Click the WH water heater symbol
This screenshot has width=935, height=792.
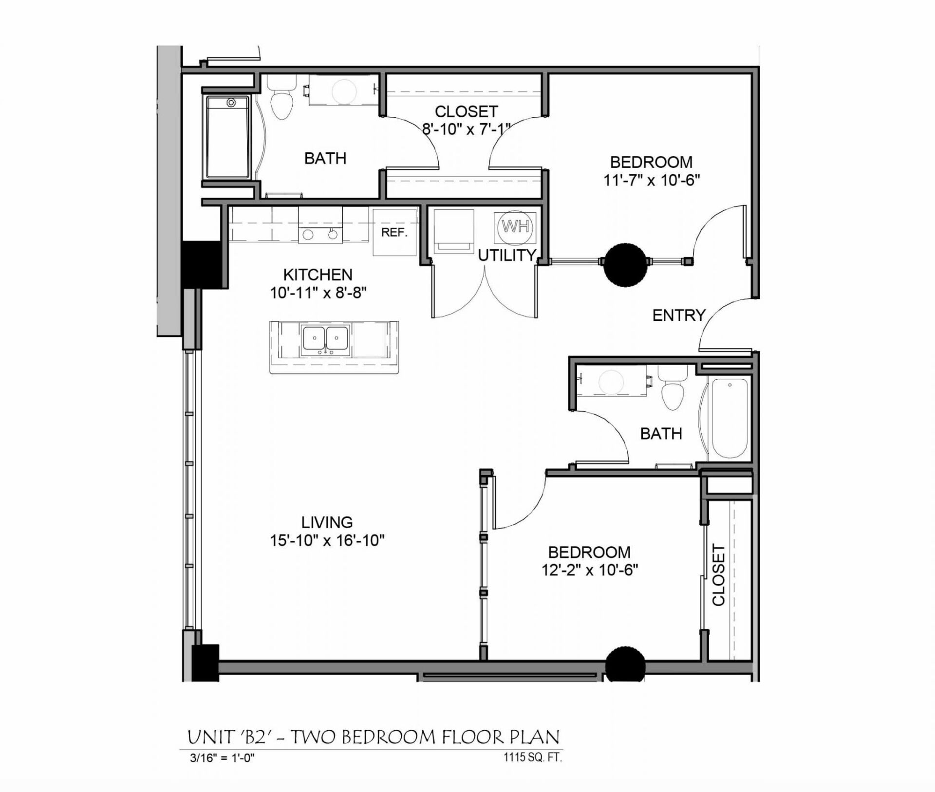(x=515, y=227)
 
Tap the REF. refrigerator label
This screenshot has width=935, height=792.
(x=394, y=233)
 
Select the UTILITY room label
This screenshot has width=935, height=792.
(x=506, y=255)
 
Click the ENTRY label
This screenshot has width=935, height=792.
(x=679, y=315)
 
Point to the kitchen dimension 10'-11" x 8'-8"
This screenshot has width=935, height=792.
(x=318, y=293)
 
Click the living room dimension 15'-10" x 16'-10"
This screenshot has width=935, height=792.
(x=327, y=540)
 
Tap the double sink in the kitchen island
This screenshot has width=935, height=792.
(x=325, y=338)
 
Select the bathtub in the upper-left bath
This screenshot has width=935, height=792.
(x=228, y=137)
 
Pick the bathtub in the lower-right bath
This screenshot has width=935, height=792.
(x=729, y=418)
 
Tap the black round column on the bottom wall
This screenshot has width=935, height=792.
(x=625, y=664)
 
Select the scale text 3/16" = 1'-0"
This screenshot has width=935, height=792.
(x=223, y=758)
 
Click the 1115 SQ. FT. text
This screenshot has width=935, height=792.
(x=532, y=757)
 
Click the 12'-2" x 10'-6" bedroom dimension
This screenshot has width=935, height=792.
(x=590, y=570)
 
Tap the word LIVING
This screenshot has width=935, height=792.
(x=327, y=522)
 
